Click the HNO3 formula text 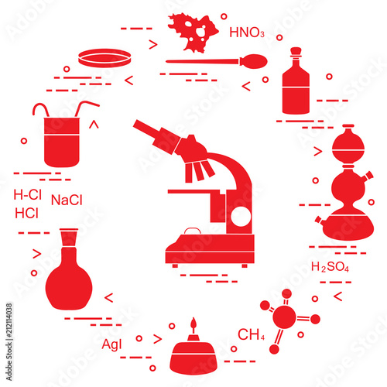tap(247, 33)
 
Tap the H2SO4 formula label tap(330, 267)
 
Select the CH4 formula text tap(251, 334)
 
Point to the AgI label tap(111, 344)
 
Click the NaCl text tap(67, 200)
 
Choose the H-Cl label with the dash tap(27, 194)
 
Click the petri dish tap(104, 58)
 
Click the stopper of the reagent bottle tap(296, 51)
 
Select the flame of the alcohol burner tap(193, 324)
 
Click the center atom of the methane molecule tap(284, 317)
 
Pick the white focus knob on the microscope tap(241, 217)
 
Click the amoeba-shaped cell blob tap(192, 33)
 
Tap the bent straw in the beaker tap(85, 108)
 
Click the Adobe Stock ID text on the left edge tap(9, 342)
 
